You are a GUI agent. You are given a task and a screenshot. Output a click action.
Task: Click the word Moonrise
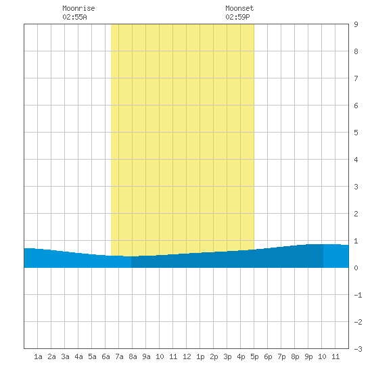tap(78, 8)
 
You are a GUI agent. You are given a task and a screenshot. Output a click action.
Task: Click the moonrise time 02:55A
tap(74, 17)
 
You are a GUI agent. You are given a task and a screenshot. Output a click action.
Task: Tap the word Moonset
tap(239, 8)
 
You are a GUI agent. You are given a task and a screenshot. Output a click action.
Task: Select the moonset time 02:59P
tap(237, 17)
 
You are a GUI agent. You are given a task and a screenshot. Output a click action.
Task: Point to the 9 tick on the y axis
tap(356, 24)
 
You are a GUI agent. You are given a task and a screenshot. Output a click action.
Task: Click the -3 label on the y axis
tap(358, 349)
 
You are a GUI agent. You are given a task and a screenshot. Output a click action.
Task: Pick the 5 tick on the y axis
tap(356, 133)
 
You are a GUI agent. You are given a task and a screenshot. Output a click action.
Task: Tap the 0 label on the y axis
tap(356, 268)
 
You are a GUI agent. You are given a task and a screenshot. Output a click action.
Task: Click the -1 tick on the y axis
tap(358, 295)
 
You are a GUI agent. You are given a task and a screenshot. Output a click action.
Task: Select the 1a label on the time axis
tap(38, 356)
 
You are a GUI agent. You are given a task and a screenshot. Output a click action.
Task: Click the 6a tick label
tap(106, 356)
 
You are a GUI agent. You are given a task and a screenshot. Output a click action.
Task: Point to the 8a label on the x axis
tap(133, 356)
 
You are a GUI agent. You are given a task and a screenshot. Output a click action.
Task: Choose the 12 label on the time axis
tap(187, 356)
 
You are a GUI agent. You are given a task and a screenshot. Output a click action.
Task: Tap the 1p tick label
tap(200, 356)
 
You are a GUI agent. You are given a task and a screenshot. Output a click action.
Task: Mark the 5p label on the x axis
tap(254, 356)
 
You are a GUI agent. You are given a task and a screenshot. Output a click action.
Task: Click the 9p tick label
tap(308, 356)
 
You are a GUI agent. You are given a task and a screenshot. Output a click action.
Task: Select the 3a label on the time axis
tap(65, 356)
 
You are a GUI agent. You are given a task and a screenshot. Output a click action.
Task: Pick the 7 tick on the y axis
tap(356, 78)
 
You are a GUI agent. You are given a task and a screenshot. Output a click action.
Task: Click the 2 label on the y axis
tap(356, 214)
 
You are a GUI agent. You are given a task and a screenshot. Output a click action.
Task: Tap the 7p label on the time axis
tap(281, 356)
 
